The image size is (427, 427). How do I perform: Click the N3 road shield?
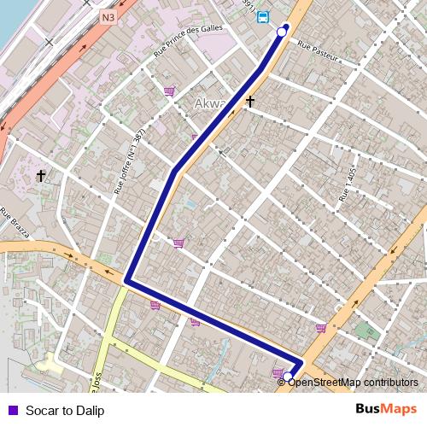(107, 16)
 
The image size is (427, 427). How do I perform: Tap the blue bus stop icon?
(262, 16)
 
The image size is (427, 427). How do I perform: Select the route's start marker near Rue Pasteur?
(282, 32)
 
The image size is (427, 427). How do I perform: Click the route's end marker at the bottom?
(288, 377)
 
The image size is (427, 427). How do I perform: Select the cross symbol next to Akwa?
(250, 102)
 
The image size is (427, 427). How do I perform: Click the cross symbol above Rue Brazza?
(40, 176)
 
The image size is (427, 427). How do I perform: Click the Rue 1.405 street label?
(347, 184)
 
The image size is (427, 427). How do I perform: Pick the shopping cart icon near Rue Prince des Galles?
(169, 91)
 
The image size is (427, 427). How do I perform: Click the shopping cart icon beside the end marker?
(278, 372)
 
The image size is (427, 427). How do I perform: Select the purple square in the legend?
(12, 410)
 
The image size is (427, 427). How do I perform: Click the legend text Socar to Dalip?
(65, 411)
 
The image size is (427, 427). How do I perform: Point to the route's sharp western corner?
(126, 280)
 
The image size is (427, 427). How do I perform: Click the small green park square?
(366, 330)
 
